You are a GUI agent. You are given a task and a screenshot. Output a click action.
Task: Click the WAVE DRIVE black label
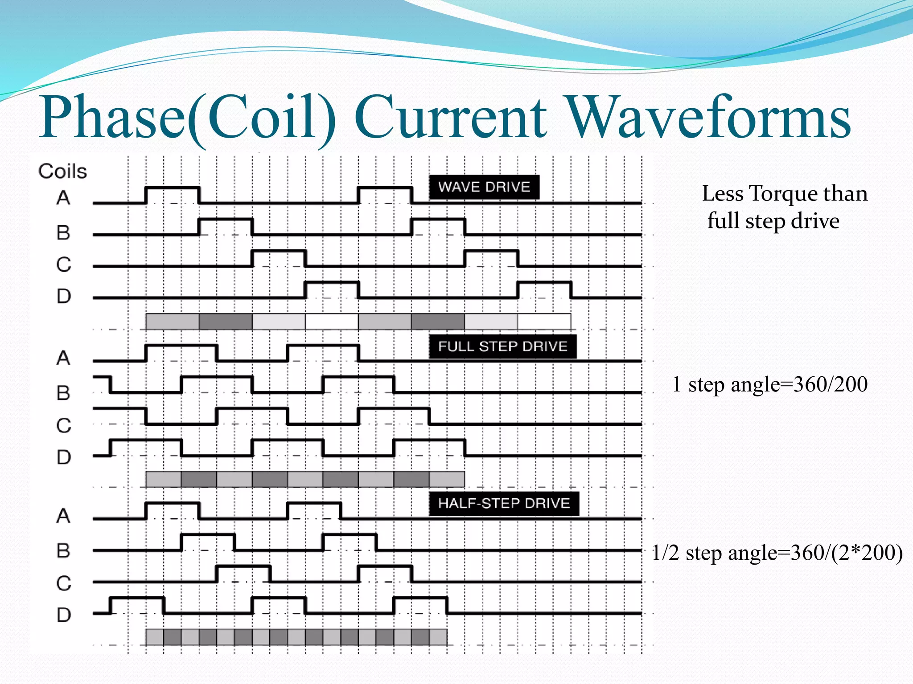point(484,187)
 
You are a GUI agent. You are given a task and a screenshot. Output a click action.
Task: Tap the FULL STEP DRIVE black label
point(502,346)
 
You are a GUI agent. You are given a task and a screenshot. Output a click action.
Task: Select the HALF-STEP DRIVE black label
point(504,504)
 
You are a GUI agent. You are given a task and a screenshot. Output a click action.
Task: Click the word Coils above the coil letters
point(62,171)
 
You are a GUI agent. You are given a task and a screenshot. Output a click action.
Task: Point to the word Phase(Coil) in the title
point(187,118)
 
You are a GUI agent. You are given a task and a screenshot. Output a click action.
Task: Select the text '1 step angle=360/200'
point(770,384)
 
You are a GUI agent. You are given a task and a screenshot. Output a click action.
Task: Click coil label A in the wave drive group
point(63,198)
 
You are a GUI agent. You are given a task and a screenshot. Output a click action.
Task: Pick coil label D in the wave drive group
point(64,296)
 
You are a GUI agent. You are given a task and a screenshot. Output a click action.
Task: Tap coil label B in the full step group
point(63,393)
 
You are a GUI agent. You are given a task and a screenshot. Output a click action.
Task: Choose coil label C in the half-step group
point(64,583)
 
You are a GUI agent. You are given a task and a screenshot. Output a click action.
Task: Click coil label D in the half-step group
point(64,615)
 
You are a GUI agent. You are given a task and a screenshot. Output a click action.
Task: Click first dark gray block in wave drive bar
point(225,321)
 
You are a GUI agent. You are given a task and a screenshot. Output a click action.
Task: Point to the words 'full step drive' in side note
point(773,221)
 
